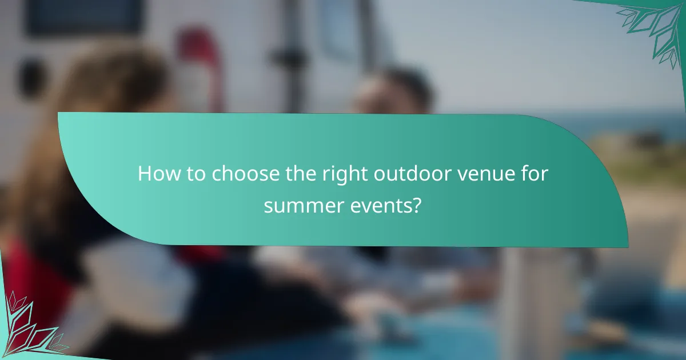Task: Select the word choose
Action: (x=247, y=174)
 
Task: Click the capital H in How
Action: (x=143, y=173)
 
